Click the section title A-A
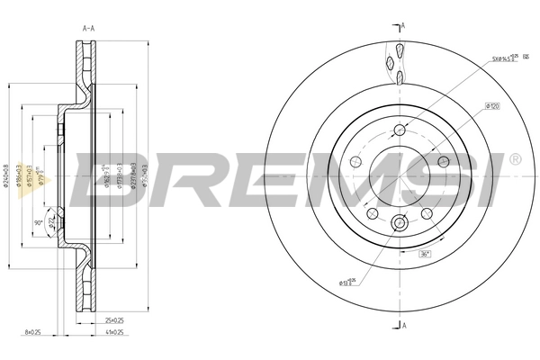coord(89,29)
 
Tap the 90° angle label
coord(39,221)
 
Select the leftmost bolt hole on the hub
coord(355,163)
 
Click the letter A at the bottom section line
coord(403,325)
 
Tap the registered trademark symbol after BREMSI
coord(515,159)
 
